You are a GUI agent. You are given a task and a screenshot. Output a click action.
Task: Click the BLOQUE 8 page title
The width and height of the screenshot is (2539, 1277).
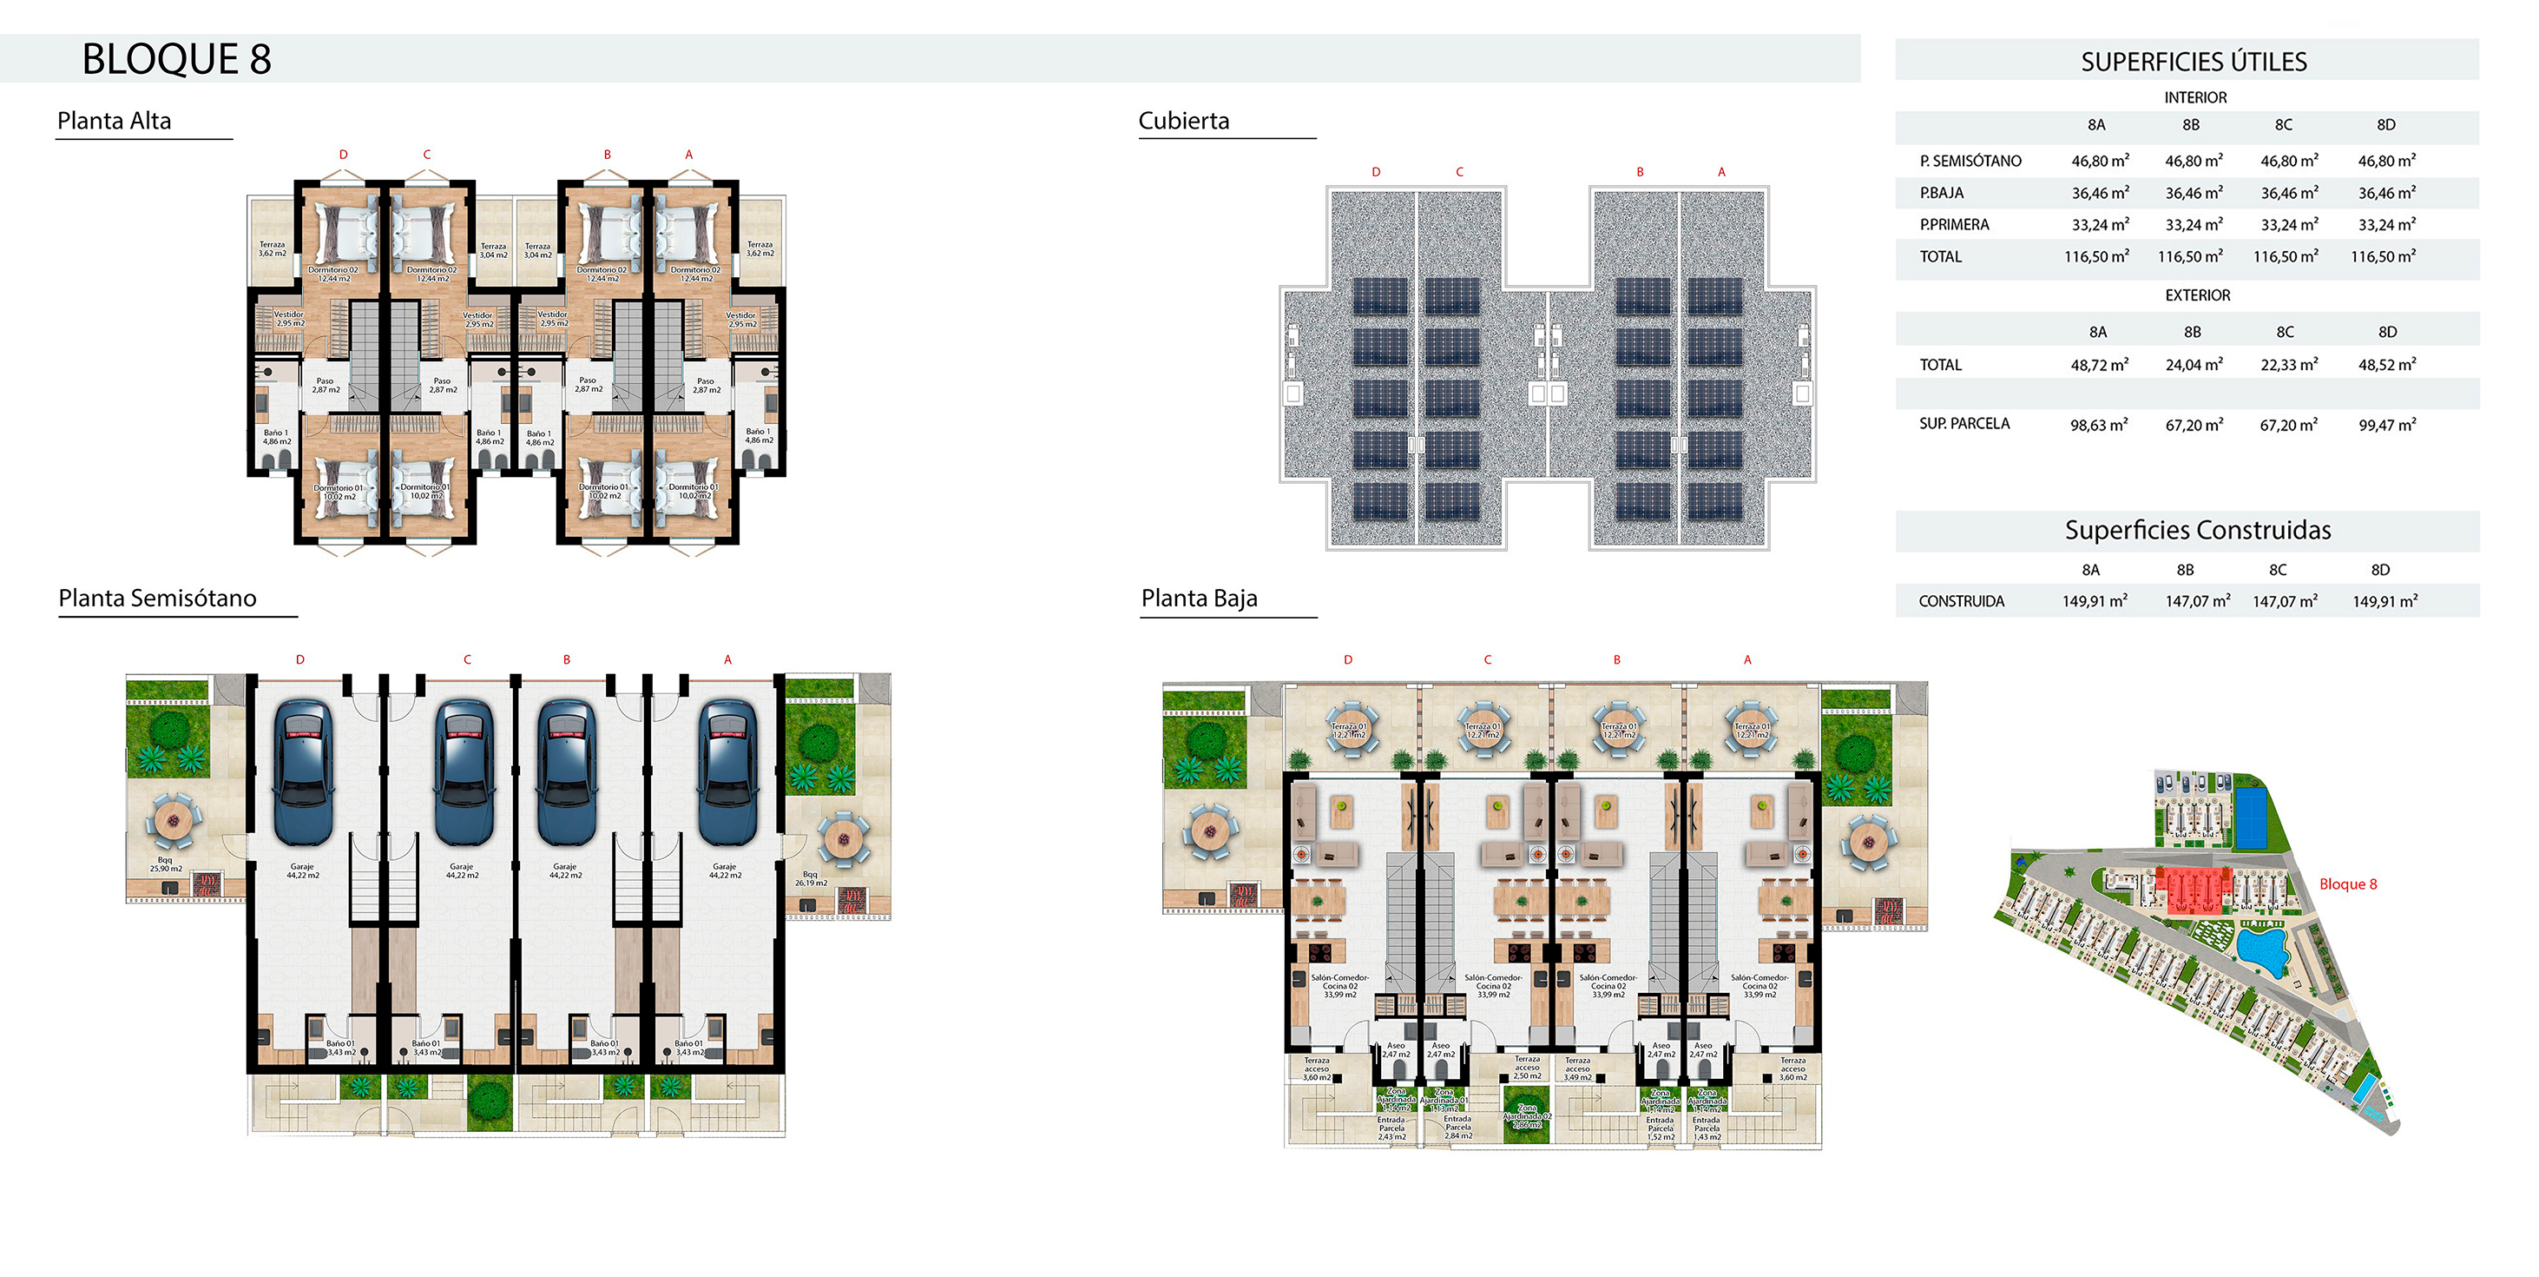coord(176,59)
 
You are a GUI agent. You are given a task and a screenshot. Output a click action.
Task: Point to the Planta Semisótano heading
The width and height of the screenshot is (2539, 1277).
coord(158,599)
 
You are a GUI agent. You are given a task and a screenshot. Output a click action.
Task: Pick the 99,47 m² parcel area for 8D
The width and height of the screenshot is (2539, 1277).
coord(2387,425)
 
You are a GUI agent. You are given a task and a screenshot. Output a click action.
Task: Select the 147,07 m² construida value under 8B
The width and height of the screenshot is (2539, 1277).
coord(2197,601)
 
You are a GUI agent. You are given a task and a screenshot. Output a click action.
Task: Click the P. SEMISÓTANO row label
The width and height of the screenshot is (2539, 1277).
coord(1970,161)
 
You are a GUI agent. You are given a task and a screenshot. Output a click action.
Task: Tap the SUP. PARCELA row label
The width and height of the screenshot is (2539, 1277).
coord(1964,424)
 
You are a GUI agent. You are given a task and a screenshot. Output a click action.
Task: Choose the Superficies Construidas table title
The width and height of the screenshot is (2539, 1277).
coord(2198,531)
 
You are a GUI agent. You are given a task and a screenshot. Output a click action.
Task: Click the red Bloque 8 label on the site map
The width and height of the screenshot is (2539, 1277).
coord(2348,884)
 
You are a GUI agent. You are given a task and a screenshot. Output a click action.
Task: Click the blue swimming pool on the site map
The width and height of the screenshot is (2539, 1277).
coord(2263,949)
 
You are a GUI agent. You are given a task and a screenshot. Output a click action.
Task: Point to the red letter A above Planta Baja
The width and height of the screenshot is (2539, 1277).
coord(1747,659)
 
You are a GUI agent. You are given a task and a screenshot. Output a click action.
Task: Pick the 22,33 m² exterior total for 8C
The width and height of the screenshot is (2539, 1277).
coord(2289,365)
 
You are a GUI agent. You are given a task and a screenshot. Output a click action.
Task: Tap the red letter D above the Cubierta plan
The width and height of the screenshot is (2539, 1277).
coord(1376,173)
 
